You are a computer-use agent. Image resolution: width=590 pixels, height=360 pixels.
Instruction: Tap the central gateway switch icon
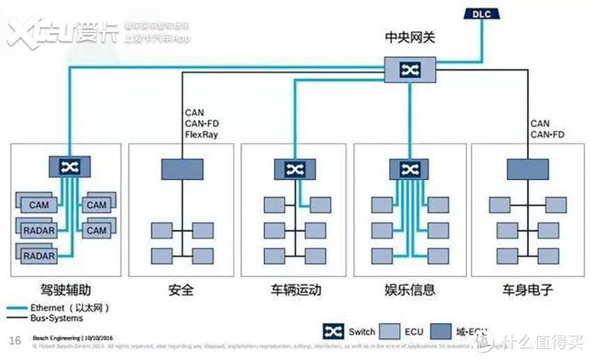pyautogui.click(x=409, y=68)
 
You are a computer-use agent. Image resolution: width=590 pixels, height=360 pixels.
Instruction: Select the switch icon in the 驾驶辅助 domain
pyautogui.click(x=69, y=167)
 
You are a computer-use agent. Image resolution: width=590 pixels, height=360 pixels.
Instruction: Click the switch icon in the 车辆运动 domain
pyautogui.click(x=294, y=168)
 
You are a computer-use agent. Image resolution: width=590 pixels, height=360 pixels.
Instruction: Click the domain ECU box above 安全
pyautogui.click(x=182, y=168)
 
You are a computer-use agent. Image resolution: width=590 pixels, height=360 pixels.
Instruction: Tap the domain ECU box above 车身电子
pyautogui.click(x=527, y=168)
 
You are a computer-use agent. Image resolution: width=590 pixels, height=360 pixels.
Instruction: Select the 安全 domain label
pyautogui.click(x=181, y=289)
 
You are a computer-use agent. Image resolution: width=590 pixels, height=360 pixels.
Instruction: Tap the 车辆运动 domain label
pyautogui.click(x=296, y=289)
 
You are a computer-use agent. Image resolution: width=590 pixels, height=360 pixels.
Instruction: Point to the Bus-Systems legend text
pyautogui.click(x=56, y=318)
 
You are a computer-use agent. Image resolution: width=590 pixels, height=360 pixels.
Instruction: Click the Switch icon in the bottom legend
pyautogui.click(x=333, y=332)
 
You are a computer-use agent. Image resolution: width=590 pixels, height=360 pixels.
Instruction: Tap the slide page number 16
pyautogui.click(x=14, y=340)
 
